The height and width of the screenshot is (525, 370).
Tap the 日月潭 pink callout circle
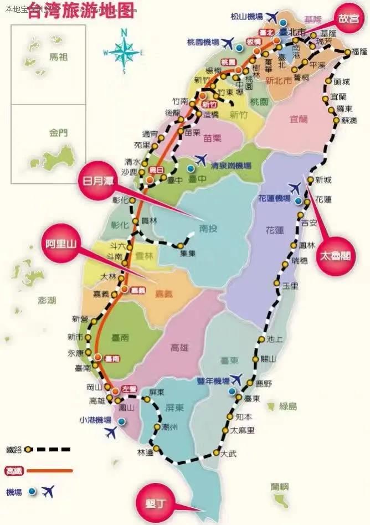click(x=97, y=181)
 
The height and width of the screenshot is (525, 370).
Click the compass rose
click(x=124, y=52)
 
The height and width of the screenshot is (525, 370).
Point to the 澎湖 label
click(x=47, y=301)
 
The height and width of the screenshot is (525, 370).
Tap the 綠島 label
click(x=288, y=406)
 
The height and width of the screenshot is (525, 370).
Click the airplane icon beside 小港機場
click(x=112, y=433)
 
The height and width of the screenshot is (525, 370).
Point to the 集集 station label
click(x=188, y=254)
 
